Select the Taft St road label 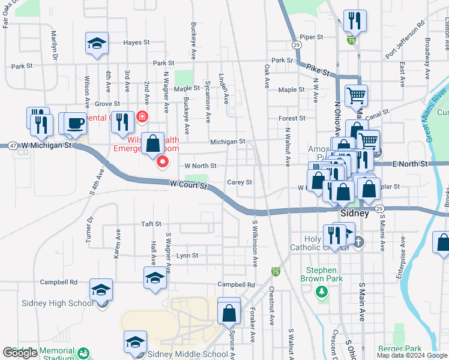tap(151, 224)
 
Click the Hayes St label tap(136, 43)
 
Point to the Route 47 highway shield tap(12, 146)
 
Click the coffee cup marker tap(75, 124)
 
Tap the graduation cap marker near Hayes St tap(97, 43)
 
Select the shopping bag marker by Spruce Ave tap(229, 312)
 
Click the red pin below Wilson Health tap(162, 161)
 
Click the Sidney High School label tap(59, 303)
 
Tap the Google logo tap(20, 353)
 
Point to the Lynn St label tap(187, 256)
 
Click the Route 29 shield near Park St tap(297, 45)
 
